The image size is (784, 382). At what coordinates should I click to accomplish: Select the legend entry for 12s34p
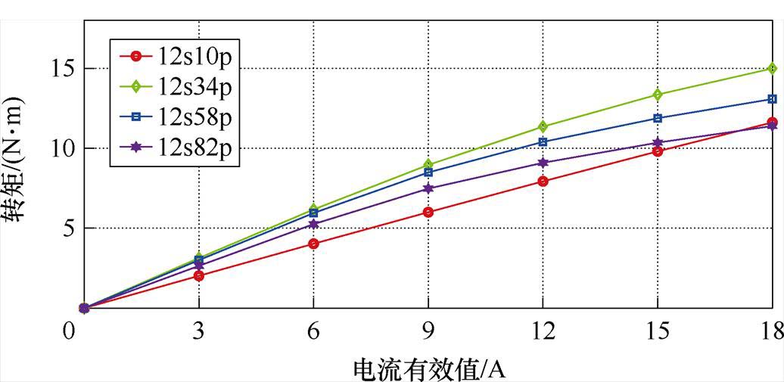174,86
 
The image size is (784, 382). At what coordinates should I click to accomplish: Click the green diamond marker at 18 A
771,68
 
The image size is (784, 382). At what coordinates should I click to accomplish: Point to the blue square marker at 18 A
771,99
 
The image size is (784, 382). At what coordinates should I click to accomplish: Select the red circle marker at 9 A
428,212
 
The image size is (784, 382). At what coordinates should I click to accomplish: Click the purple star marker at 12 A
543,163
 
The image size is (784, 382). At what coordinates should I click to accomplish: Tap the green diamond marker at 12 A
543,126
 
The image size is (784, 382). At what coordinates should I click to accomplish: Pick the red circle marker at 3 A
199,275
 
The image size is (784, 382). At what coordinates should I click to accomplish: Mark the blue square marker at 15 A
657,118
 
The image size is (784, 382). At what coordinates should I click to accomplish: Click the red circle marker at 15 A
657,151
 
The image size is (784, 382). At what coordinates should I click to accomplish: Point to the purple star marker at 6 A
313,224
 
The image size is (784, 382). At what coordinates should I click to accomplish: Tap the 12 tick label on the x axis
543,331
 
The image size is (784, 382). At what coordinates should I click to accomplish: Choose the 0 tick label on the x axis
70,331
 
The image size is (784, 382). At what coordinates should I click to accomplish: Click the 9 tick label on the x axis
428,331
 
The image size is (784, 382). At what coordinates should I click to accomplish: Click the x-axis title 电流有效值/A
428,368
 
